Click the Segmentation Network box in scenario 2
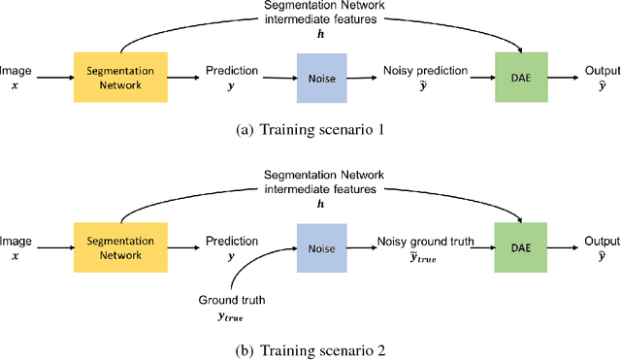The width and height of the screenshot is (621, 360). (120, 248)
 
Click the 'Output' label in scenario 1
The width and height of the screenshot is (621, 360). (599, 70)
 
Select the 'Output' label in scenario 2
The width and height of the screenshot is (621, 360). (599, 241)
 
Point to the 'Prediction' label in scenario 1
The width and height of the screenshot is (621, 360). (231, 70)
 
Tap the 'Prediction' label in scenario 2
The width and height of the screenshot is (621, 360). (231, 241)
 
